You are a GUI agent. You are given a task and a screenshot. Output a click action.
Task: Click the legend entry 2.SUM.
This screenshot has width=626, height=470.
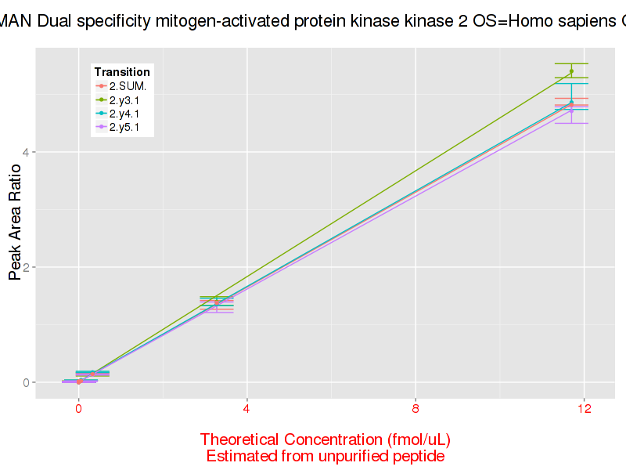click(x=127, y=87)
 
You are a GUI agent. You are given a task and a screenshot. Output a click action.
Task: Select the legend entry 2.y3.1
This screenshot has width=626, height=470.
click(x=124, y=100)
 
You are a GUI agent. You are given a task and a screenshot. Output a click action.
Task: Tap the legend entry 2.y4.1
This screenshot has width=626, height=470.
click(x=124, y=114)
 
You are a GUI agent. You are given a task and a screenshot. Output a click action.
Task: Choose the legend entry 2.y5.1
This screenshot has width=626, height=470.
click(x=124, y=127)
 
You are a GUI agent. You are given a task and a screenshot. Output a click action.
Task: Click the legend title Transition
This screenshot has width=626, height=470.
click(x=122, y=72)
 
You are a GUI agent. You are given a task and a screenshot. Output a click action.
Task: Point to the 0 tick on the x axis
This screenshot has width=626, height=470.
click(x=78, y=409)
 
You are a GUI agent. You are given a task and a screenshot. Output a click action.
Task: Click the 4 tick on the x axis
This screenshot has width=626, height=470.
click(x=246, y=409)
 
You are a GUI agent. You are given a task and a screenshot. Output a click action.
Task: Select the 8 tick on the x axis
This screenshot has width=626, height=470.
click(x=416, y=409)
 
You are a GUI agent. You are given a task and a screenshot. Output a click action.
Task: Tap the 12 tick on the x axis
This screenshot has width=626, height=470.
click(x=584, y=409)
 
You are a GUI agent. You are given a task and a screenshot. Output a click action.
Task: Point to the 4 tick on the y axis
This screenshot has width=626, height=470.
click(x=26, y=152)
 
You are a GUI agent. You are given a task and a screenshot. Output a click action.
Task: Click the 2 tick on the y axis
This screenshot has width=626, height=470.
click(x=26, y=267)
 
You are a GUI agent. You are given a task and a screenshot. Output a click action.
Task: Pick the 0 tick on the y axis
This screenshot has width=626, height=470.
click(x=26, y=382)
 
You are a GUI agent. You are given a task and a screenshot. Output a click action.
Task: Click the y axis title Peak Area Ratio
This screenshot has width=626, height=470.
click(x=14, y=227)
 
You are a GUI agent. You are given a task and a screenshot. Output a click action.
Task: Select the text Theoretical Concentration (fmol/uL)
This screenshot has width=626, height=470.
click(x=326, y=439)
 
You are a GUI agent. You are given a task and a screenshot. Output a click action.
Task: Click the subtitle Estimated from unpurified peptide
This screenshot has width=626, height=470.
click(x=326, y=456)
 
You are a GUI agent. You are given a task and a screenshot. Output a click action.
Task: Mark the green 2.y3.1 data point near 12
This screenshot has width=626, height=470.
click(x=571, y=71)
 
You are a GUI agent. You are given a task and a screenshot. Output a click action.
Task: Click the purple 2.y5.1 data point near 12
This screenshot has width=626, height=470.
click(x=571, y=110)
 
